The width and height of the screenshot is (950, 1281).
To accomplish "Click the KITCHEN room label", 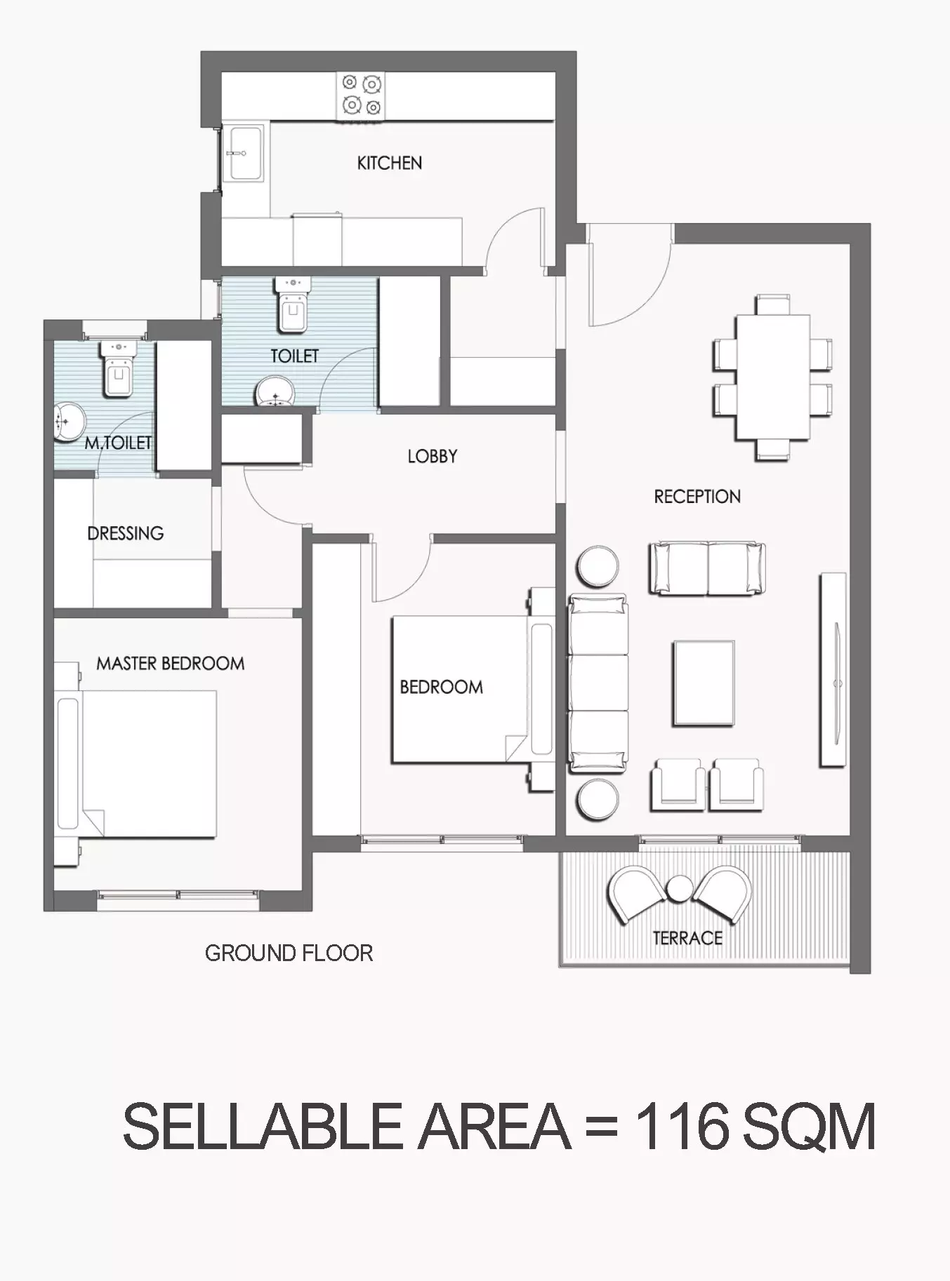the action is pos(390,163).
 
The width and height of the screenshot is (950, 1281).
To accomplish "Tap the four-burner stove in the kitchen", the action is pos(362,95).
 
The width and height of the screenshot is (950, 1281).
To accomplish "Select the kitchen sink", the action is pos(244,154).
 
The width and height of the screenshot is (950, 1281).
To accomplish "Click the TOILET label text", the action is pos(295,356).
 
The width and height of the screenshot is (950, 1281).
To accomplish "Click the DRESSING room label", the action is pos(126,533).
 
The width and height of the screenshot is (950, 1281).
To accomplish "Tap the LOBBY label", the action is pos(433,457).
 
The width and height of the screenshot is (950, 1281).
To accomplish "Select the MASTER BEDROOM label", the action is pos(171,664).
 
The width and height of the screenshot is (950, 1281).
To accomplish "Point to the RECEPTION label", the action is pos(697,497).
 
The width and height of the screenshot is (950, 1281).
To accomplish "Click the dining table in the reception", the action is pos(772,378).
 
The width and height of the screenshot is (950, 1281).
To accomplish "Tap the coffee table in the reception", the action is pos(704,683).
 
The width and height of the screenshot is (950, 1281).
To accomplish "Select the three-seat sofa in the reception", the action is pos(598,684).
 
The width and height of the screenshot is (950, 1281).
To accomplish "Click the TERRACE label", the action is pos(687,938).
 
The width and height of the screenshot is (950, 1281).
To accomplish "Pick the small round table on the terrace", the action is pos(679,889).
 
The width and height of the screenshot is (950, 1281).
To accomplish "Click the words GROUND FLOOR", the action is pos(289,953).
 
